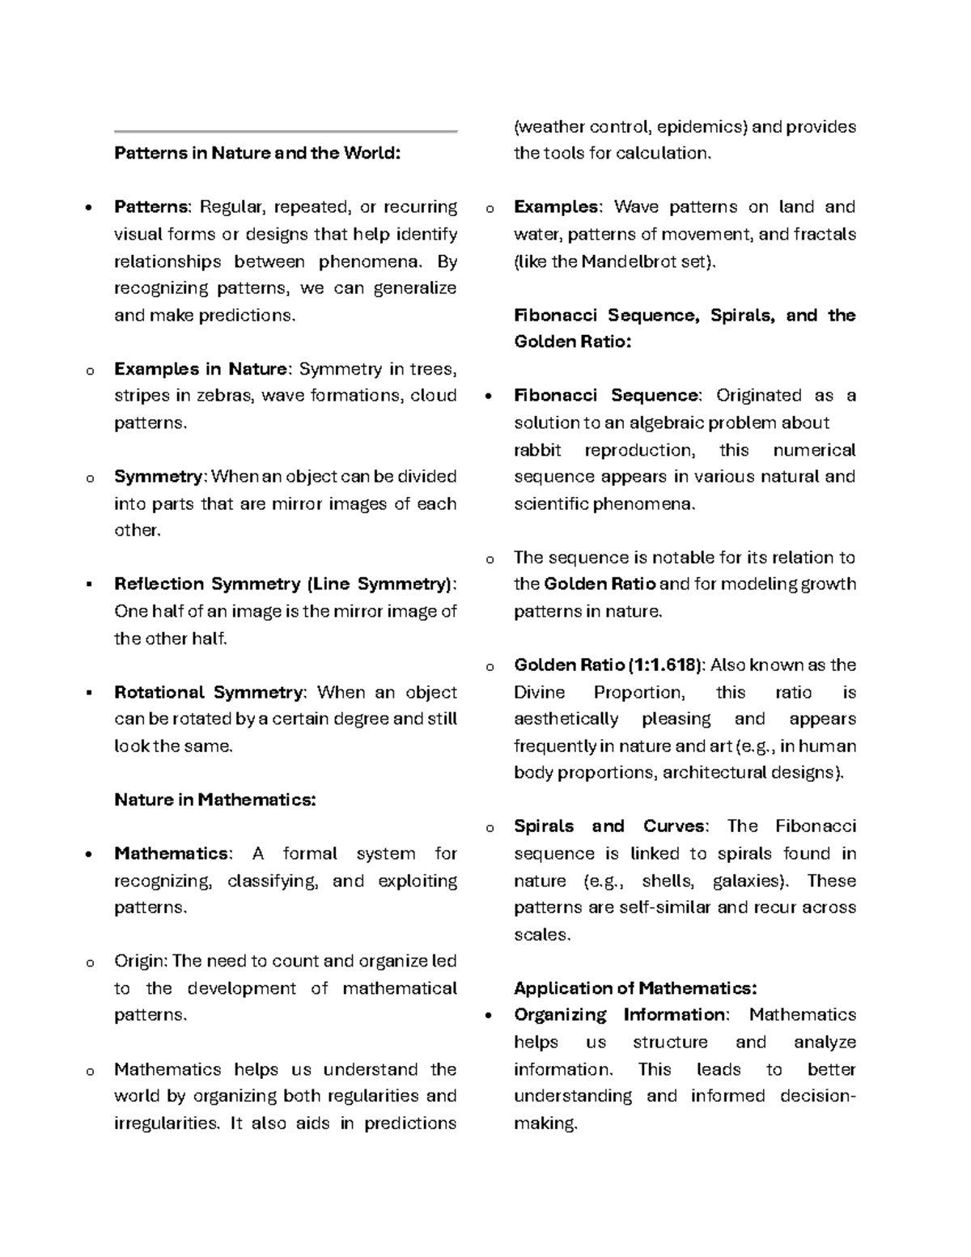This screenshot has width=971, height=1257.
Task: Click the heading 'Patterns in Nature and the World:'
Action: click(x=257, y=153)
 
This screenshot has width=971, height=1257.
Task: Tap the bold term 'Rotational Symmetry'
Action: click(x=209, y=692)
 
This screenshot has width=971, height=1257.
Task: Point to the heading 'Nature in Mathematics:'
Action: click(x=214, y=800)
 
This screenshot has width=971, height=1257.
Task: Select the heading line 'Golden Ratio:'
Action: click(x=572, y=342)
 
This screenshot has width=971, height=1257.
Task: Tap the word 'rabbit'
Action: click(x=536, y=450)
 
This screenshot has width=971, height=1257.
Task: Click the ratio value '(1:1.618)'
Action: click(x=665, y=665)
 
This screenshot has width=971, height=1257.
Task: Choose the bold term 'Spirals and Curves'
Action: click(x=610, y=826)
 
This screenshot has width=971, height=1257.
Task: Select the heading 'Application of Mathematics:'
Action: click(x=635, y=988)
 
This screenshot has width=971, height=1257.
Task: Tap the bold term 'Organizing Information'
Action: click(x=620, y=1015)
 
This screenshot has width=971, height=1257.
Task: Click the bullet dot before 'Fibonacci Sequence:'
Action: click(x=488, y=397)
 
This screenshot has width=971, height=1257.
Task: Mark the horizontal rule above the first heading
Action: click(x=286, y=131)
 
